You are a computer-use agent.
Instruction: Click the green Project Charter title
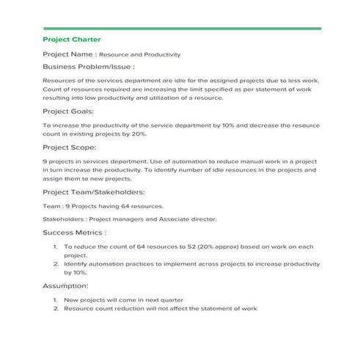[72, 39]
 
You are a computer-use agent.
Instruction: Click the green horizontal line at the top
[181, 28]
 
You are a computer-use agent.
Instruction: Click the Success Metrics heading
[75, 232]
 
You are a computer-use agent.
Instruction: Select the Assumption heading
[66, 285]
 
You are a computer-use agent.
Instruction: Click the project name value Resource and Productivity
[139, 54]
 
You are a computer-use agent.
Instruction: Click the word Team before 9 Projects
[51, 206]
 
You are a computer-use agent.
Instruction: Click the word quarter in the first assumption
[172, 300]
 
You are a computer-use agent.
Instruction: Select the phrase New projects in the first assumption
[83, 300]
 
